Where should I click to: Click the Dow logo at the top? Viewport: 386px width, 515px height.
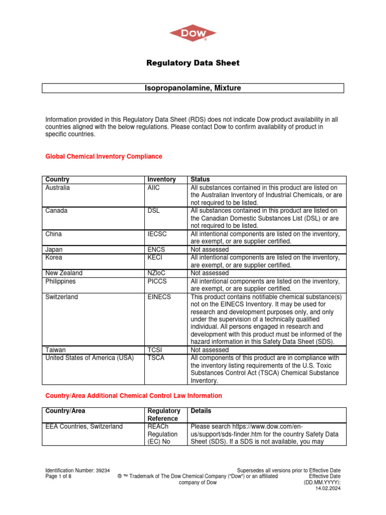[193, 34]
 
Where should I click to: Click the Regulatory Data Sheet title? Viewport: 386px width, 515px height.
[193, 63]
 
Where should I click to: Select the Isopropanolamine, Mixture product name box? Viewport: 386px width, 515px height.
[193, 88]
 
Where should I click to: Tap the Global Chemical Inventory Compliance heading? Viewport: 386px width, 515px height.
[104, 156]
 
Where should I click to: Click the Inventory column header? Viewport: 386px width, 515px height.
[161, 180]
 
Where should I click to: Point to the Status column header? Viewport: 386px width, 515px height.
[200, 180]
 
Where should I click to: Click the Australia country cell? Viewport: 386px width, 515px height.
[58, 188]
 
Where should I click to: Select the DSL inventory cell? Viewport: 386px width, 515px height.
[153, 211]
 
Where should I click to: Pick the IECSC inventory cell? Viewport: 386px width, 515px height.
[157, 234]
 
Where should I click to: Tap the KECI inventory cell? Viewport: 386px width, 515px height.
[155, 257]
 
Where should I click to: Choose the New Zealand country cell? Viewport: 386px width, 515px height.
[64, 273]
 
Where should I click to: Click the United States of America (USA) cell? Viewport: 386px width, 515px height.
[89, 358]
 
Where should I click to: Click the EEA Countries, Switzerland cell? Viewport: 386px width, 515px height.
[84, 426]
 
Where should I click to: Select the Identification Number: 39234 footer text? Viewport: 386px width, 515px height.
[78, 470]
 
